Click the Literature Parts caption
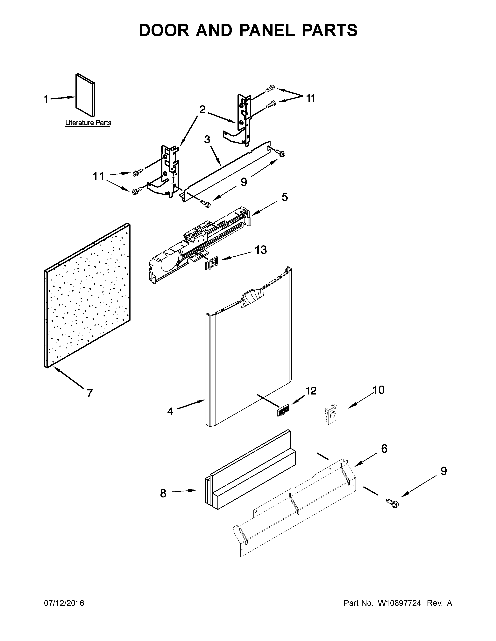88,123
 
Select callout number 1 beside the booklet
46,99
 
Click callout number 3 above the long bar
207,140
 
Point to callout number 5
284,197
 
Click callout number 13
261,250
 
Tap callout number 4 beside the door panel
170,411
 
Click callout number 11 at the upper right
311,98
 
